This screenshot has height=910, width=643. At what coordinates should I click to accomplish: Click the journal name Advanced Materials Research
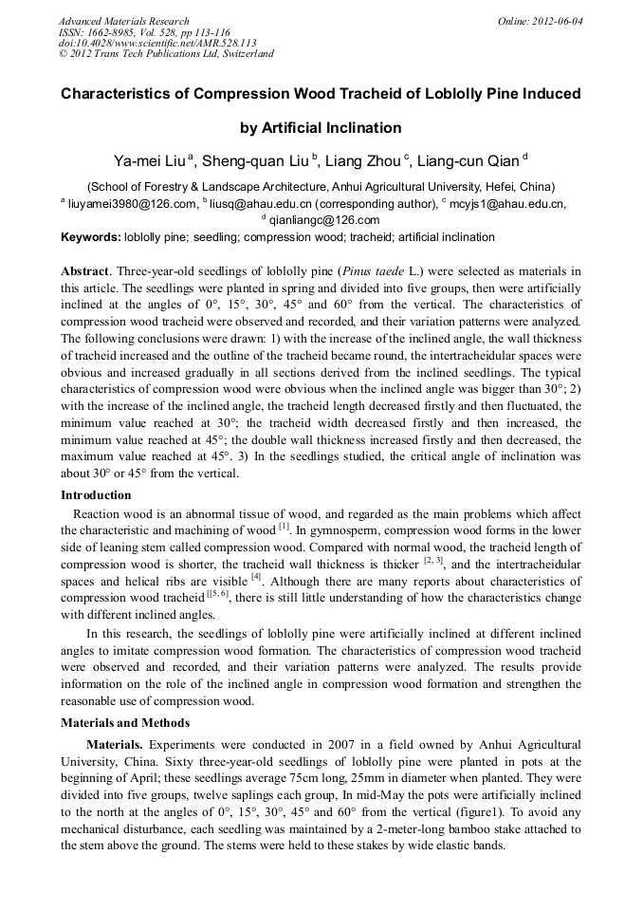pyautogui.click(x=123, y=21)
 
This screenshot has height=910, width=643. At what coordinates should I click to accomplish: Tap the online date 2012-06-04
pyautogui.click(x=556, y=21)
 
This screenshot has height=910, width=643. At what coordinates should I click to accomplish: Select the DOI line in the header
pyautogui.click(x=156, y=43)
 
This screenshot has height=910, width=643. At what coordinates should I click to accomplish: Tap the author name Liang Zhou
pyautogui.click(x=363, y=161)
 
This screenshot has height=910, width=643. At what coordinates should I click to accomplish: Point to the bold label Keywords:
pyautogui.click(x=91, y=237)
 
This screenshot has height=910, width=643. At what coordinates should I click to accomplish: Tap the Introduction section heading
pyautogui.click(x=96, y=494)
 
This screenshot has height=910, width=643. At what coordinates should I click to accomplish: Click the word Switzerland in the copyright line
pyautogui.click(x=245, y=54)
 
